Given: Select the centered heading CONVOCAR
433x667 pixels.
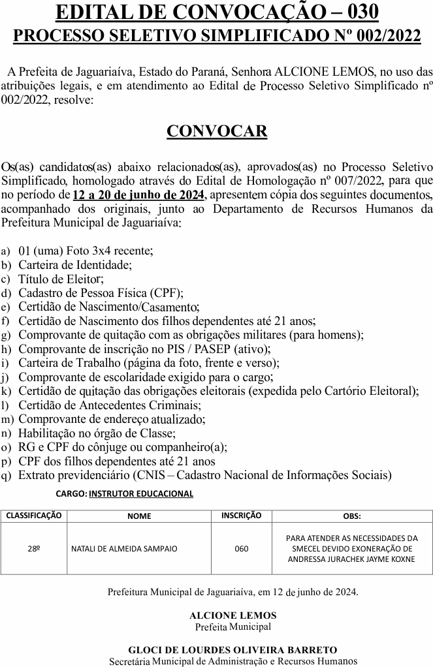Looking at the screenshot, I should (217, 131).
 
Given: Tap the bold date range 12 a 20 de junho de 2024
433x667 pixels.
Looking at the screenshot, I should (139, 195).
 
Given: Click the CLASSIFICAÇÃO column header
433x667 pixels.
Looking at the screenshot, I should (34, 516).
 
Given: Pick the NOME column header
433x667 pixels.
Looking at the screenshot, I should (139, 516).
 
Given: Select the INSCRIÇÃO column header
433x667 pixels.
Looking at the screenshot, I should (241, 516).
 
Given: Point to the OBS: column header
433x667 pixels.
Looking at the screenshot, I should (351, 516).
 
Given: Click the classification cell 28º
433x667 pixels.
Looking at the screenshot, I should (34, 548).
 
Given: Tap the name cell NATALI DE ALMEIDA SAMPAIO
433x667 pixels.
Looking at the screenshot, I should (123, 549).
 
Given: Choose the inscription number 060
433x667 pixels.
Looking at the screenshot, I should (241, 549).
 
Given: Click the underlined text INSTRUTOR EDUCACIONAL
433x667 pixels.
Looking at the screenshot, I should (141, 494).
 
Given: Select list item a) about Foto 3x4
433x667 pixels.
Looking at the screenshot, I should (86, 251).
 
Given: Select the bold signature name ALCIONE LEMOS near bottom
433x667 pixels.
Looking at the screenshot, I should (233, 615).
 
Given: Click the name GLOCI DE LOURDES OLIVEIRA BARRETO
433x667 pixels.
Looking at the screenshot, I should (233, 650).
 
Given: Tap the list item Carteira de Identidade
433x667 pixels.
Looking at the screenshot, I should (75, 265).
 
